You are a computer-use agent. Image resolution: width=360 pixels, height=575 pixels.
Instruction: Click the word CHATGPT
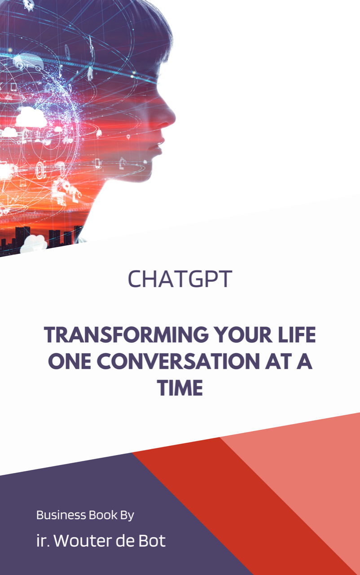[180, 279]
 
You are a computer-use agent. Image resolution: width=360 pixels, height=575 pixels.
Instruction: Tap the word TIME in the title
[180, 388]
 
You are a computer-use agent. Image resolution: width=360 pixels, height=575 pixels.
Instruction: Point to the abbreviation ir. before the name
[42, 541]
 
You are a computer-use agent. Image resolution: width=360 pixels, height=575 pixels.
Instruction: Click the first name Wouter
[79, 541]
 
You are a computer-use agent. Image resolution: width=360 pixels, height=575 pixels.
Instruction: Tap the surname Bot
[153, 541]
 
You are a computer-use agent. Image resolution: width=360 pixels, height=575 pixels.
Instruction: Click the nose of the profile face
[172, 118]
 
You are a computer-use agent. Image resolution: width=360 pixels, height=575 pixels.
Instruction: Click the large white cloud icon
[31, 118]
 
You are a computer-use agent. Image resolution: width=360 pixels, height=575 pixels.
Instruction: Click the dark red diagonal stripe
[251, 494]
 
